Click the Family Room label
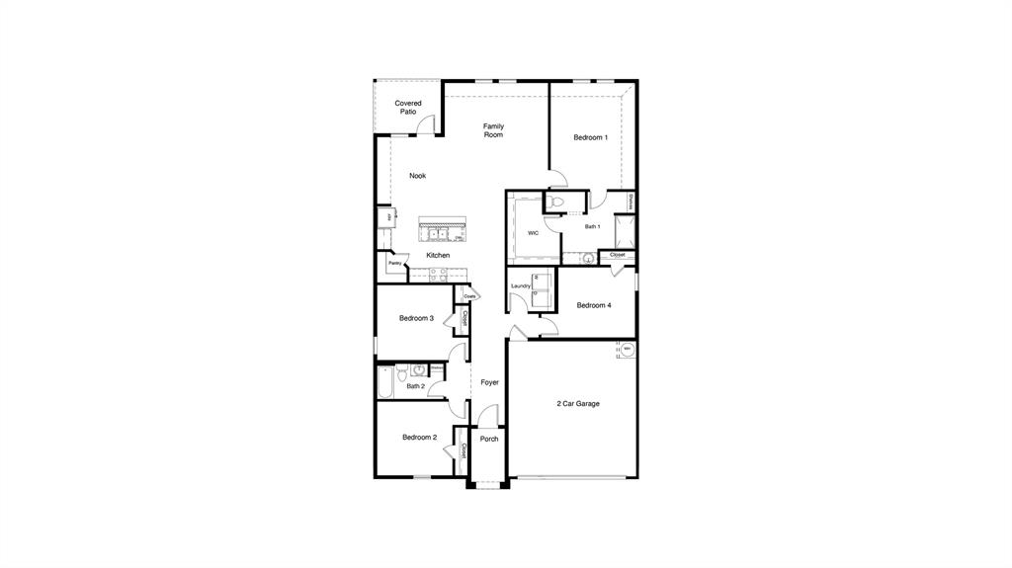click(493, 130)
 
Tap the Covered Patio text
click(408, 108)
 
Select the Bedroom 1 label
click(591, 137)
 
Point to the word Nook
click(418, 176)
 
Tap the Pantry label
click(394, 263)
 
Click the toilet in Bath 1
click(556, 203)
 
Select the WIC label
click(533, 233)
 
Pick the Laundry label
click(521, 286)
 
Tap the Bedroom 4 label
click(594, 305)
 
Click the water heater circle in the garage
click(627, 348)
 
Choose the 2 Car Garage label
click(578, 403)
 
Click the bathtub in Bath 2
click(385, 382)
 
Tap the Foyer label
click(490, 382)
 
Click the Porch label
click(489, 439)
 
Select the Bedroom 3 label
click(416, 318)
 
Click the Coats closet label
click(469, 295)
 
